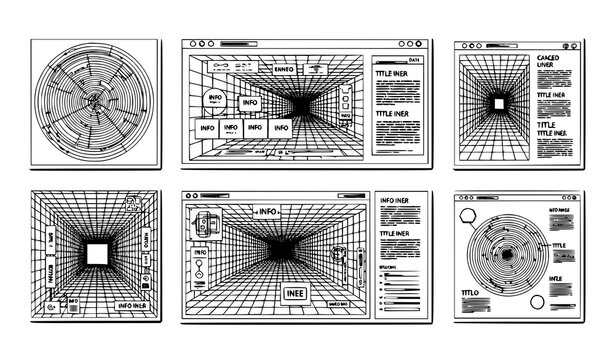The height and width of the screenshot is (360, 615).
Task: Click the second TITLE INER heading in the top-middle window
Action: pyautogui.click(x=394, y=115)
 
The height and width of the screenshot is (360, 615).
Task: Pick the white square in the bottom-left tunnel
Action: pyautogui.click(x=97, y=255)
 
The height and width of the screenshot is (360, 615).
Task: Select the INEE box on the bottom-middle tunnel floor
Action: pyautogui.click(x=297, y=293)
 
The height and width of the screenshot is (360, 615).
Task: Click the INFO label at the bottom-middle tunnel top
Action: pyautogui.click(x=267, y=212)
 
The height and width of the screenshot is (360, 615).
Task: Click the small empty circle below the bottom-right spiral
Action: pyautogui.click(x=537, y=302)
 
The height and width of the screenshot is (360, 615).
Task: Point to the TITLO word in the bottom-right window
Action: pyautogui.click(x=470, y=291)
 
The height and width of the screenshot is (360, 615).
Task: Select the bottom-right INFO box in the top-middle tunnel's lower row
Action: pyautogui.click(x=281, y=127)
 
